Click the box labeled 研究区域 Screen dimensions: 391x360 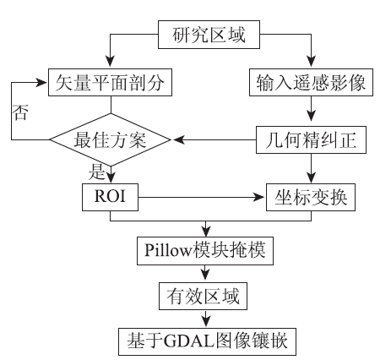click(x=209, y=35)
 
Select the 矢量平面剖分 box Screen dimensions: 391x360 click(x=110, y=82)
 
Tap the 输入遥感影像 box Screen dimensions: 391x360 click(x=311, y=82)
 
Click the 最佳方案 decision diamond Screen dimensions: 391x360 click(x=111, y=139)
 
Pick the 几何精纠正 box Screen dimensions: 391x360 click(x=311, y=139)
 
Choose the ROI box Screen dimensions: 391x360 click(x=110, y=197)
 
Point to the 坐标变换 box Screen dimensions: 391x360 click(x=311, y=197)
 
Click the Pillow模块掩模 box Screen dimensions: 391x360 click(x=205, y=251)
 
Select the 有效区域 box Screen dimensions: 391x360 click(x=203, y=296)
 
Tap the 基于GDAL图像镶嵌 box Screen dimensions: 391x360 click(x=207, y=341)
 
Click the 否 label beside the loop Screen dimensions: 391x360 click(x=20, y=112)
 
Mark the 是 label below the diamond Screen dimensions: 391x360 click(x=96, y=172)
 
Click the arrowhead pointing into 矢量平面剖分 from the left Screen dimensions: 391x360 click(x=41, y=83)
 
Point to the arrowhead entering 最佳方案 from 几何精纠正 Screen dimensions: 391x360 click(x=179, y=139)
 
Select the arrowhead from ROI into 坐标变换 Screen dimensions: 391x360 click(x=259, y=197)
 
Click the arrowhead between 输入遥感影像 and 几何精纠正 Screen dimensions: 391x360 click(x=311, y=116)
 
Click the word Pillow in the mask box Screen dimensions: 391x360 click(x=168, y=250)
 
